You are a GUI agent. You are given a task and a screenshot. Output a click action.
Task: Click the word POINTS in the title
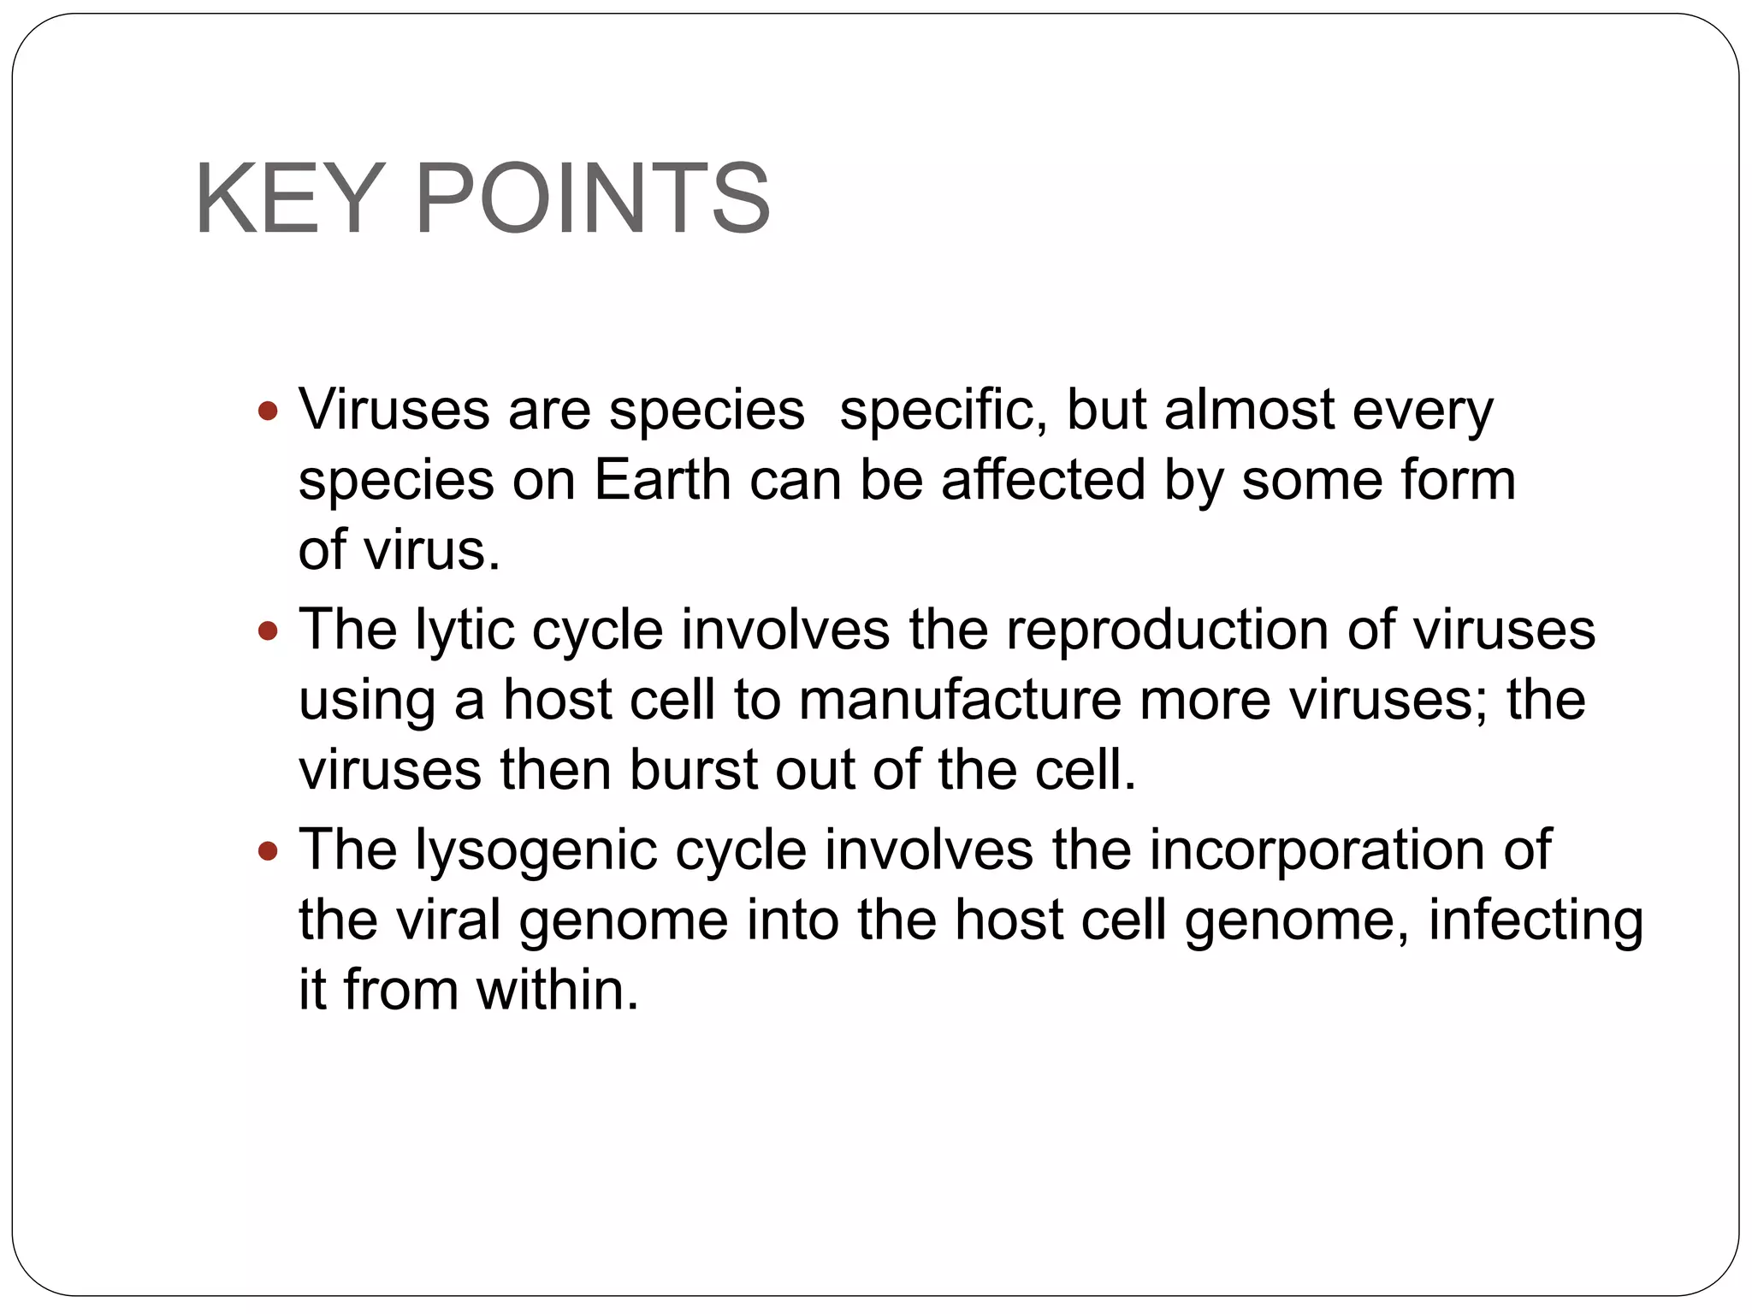[592, 198]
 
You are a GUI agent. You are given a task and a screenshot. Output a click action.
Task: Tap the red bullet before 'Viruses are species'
[268, 411]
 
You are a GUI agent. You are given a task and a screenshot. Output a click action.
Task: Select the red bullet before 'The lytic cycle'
[268, 631]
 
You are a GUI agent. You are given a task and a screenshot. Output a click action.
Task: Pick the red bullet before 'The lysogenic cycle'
[268, 851]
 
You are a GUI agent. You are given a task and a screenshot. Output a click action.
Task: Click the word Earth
[661, 479]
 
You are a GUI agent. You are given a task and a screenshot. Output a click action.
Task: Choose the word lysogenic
[536, 851]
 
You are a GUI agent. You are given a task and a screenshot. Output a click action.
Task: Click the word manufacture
[959, 700]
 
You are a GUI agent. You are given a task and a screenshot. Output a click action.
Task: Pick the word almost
[1248, 410]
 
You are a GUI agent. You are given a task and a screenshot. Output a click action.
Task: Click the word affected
[1043, 479]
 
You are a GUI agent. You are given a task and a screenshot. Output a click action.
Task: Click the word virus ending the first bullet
[430, 549]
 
